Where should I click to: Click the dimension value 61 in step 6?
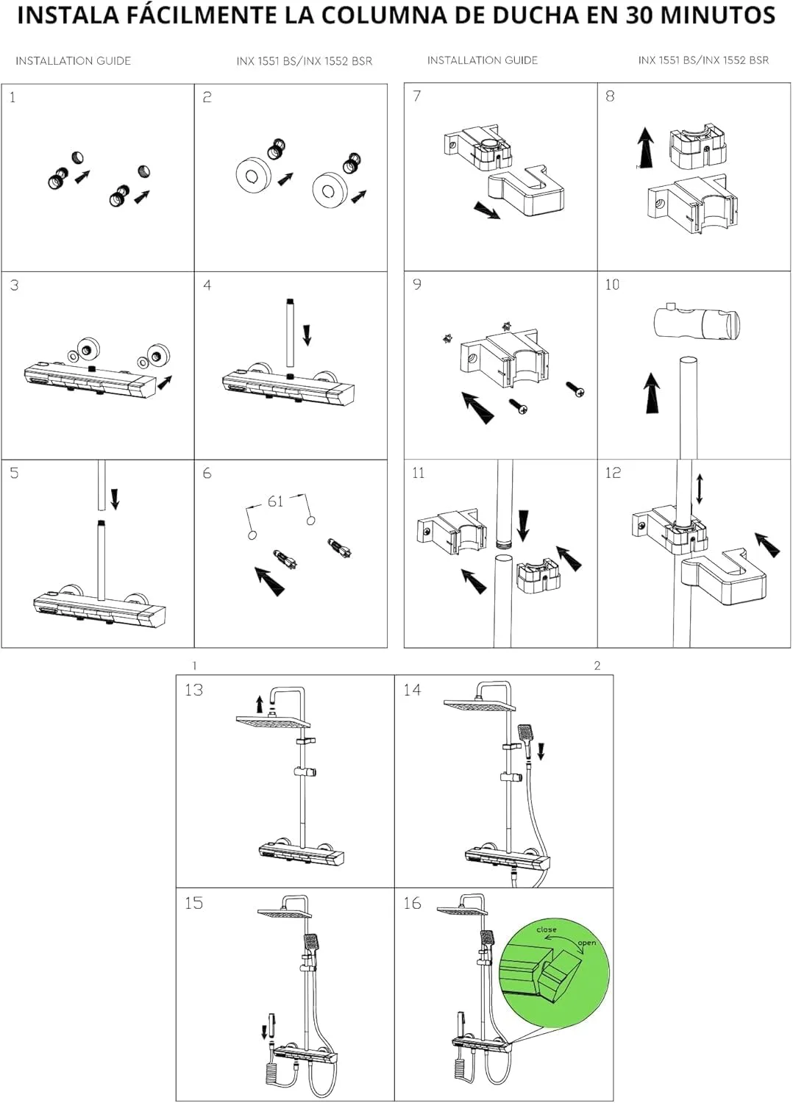point(275,501)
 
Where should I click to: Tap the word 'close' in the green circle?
point(547,929)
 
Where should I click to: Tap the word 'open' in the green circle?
point(587,943)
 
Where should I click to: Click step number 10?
point(612,285)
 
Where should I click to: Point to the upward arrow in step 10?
point(652,392)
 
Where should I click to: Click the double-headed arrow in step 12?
point(699,489)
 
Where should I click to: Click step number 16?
point(412,903)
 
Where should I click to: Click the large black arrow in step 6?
point(270,580)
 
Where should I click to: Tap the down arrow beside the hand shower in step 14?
point(541,751)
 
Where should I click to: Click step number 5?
point(14,473)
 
